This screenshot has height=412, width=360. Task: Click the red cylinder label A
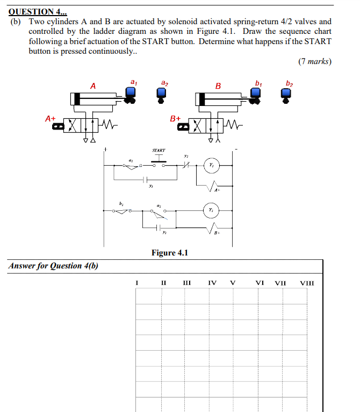[93, 86]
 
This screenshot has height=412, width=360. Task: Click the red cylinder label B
[218, 86]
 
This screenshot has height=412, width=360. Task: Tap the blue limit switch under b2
[287, 95]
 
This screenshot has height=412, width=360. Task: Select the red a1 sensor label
[133, 82]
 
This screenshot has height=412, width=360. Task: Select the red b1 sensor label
[259, 82]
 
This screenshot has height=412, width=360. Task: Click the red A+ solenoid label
[51, 117]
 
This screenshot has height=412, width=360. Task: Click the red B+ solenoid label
[176, 117]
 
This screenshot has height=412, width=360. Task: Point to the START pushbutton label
[159, 151]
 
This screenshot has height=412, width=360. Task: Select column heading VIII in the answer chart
[307, 283]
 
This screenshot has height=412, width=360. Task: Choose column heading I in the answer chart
[137, 283]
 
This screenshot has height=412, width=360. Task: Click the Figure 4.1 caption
[169, 253]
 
